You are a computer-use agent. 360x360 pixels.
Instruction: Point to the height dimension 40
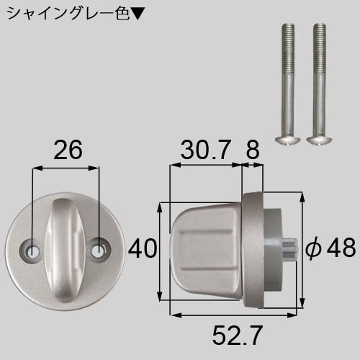[142, 249]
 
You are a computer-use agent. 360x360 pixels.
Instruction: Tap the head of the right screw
[317, 137]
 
